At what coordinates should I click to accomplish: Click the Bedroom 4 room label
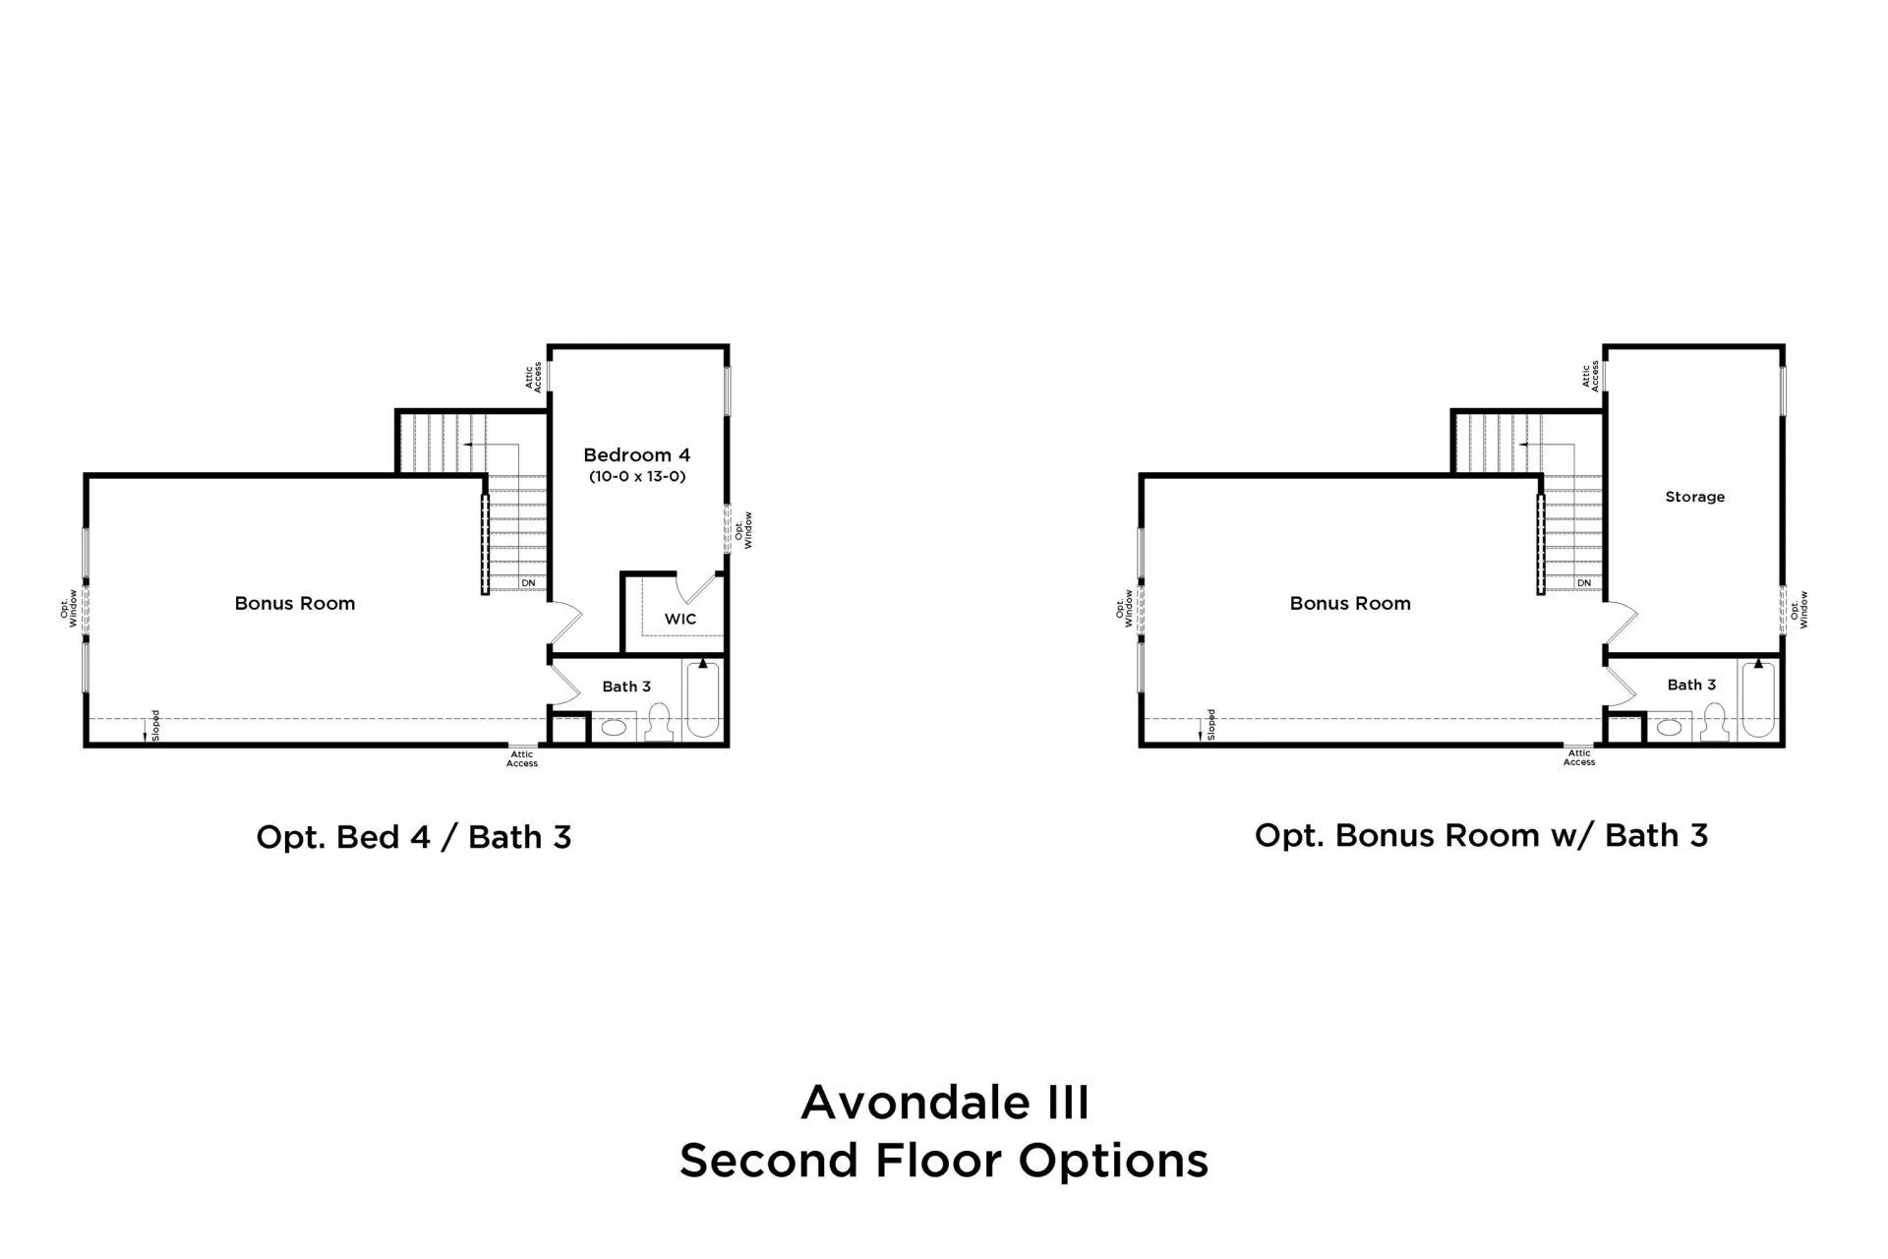point(637,454)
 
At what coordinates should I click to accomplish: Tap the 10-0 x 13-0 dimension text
point(637,477)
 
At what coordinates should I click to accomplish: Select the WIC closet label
point(680,619)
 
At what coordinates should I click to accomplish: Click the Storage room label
point(1695,497)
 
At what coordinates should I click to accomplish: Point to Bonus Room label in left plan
point(295,603)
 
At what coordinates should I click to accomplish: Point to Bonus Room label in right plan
point(1350,603)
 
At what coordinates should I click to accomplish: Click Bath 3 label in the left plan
point(626,687)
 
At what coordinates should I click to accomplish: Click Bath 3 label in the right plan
point(1692,685)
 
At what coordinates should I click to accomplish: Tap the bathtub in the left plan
point(702,699)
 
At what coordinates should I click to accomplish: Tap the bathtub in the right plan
point(1758,699)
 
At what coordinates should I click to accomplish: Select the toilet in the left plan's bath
point(658,723)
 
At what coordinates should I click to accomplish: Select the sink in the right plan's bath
point(1669,728)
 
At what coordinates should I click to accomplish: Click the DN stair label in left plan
point(529,583)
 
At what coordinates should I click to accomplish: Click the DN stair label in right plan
point(1584,583)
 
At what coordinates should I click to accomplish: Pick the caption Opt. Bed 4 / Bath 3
point(414,837)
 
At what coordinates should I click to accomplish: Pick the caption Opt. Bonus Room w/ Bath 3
point(1482,835)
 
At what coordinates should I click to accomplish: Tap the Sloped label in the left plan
point(155,725)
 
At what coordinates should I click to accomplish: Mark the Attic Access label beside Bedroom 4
point(533,378)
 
